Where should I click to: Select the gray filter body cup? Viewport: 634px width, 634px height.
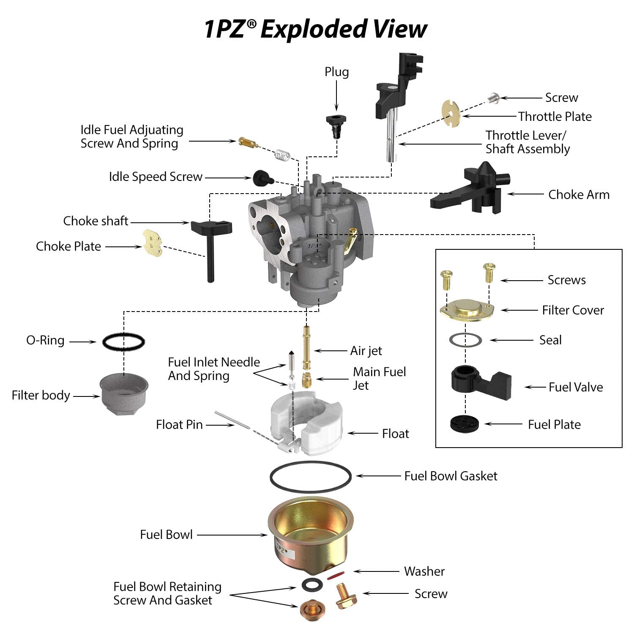click(124, 393)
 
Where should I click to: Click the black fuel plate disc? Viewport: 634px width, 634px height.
click(465, 424)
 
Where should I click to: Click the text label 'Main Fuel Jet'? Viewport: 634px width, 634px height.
click(379, 378)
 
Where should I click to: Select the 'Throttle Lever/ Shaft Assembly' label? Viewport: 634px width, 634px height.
click(527, 142)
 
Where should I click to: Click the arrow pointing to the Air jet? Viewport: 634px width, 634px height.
click(331, 351)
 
